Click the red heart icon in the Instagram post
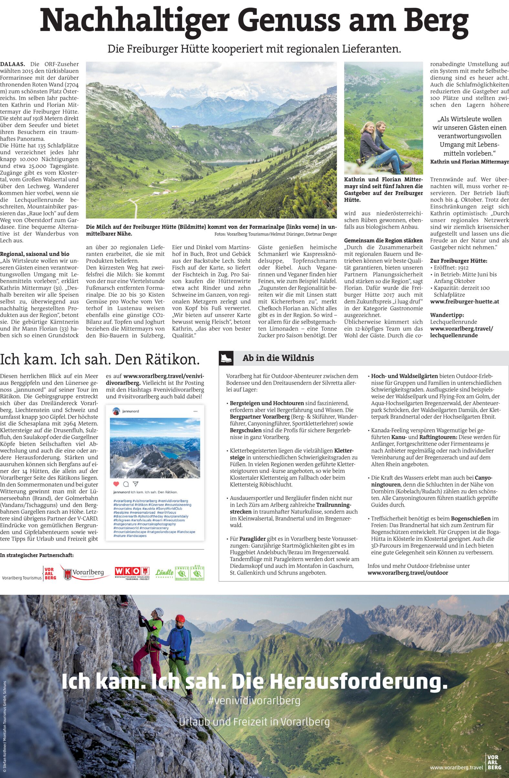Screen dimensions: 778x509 tap(116, 484)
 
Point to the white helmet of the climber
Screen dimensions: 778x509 tap(159, 611)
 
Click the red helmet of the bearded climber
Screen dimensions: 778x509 tap(180, 619)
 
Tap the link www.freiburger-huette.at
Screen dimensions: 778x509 tap(464, 302)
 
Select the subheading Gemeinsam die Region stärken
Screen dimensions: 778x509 tap(383, 240)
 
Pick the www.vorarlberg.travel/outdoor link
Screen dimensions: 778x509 tap(408, 573)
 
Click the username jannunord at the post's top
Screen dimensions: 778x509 tap(130, 411)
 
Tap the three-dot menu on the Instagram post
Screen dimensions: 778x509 tap(196, 411)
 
